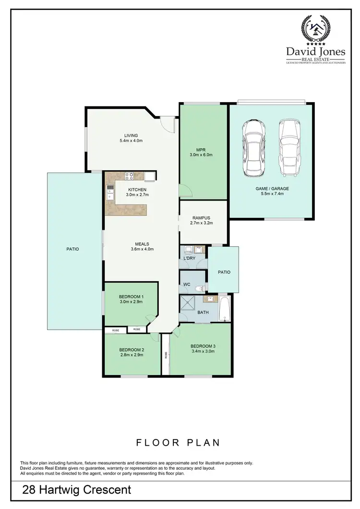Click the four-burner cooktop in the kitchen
(129, 176)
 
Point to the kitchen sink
(110, 192)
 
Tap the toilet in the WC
(202, 286)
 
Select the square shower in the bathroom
(188, 304)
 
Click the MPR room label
(201, 149)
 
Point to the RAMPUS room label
(202, 217)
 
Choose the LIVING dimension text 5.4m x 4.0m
(131, 141)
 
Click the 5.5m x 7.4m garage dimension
(272, 194)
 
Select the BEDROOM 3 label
(202, 346)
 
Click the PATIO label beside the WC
(224, 272)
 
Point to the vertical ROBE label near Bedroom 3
(166, 355)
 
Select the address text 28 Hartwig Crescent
(76, 490)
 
